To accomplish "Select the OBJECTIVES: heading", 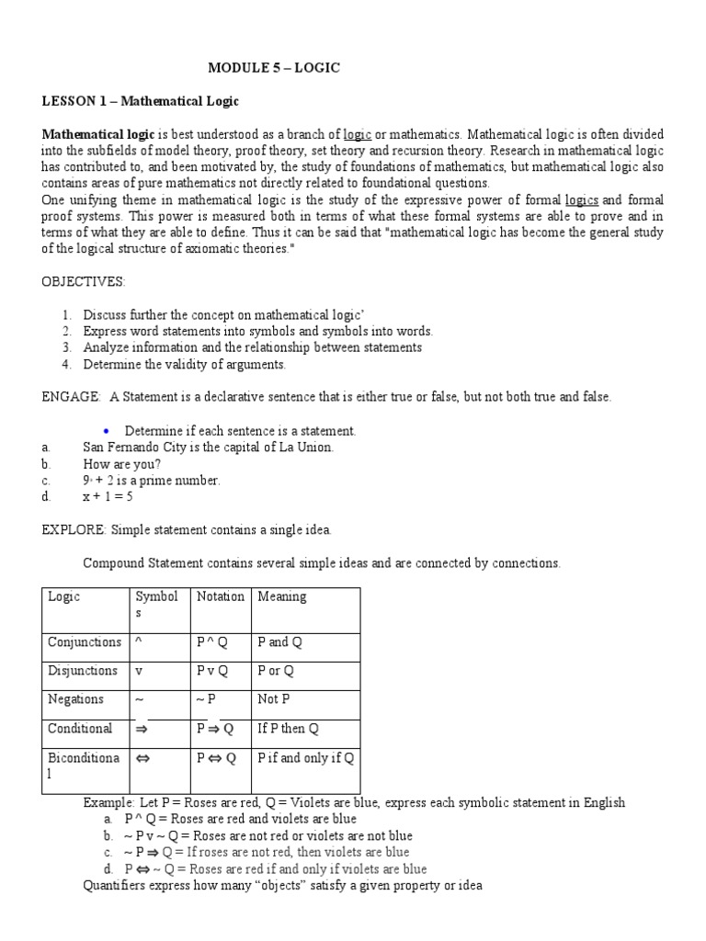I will [x=85, y=280].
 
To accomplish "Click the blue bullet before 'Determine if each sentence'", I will [x=107, y=430].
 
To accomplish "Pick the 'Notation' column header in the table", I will [x=221, y=596].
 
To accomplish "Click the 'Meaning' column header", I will [x=282, y=596].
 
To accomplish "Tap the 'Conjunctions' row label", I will [x=85, y=642].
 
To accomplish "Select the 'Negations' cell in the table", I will [x=75, y=699].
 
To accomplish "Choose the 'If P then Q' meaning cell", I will [x=289, y=729].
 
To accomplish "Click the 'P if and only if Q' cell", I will [x=306, y=758].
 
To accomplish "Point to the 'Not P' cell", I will [x=274, y=699].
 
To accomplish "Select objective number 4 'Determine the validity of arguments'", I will [x=185, y=365].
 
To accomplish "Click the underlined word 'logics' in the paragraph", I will [x=582, y=200].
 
